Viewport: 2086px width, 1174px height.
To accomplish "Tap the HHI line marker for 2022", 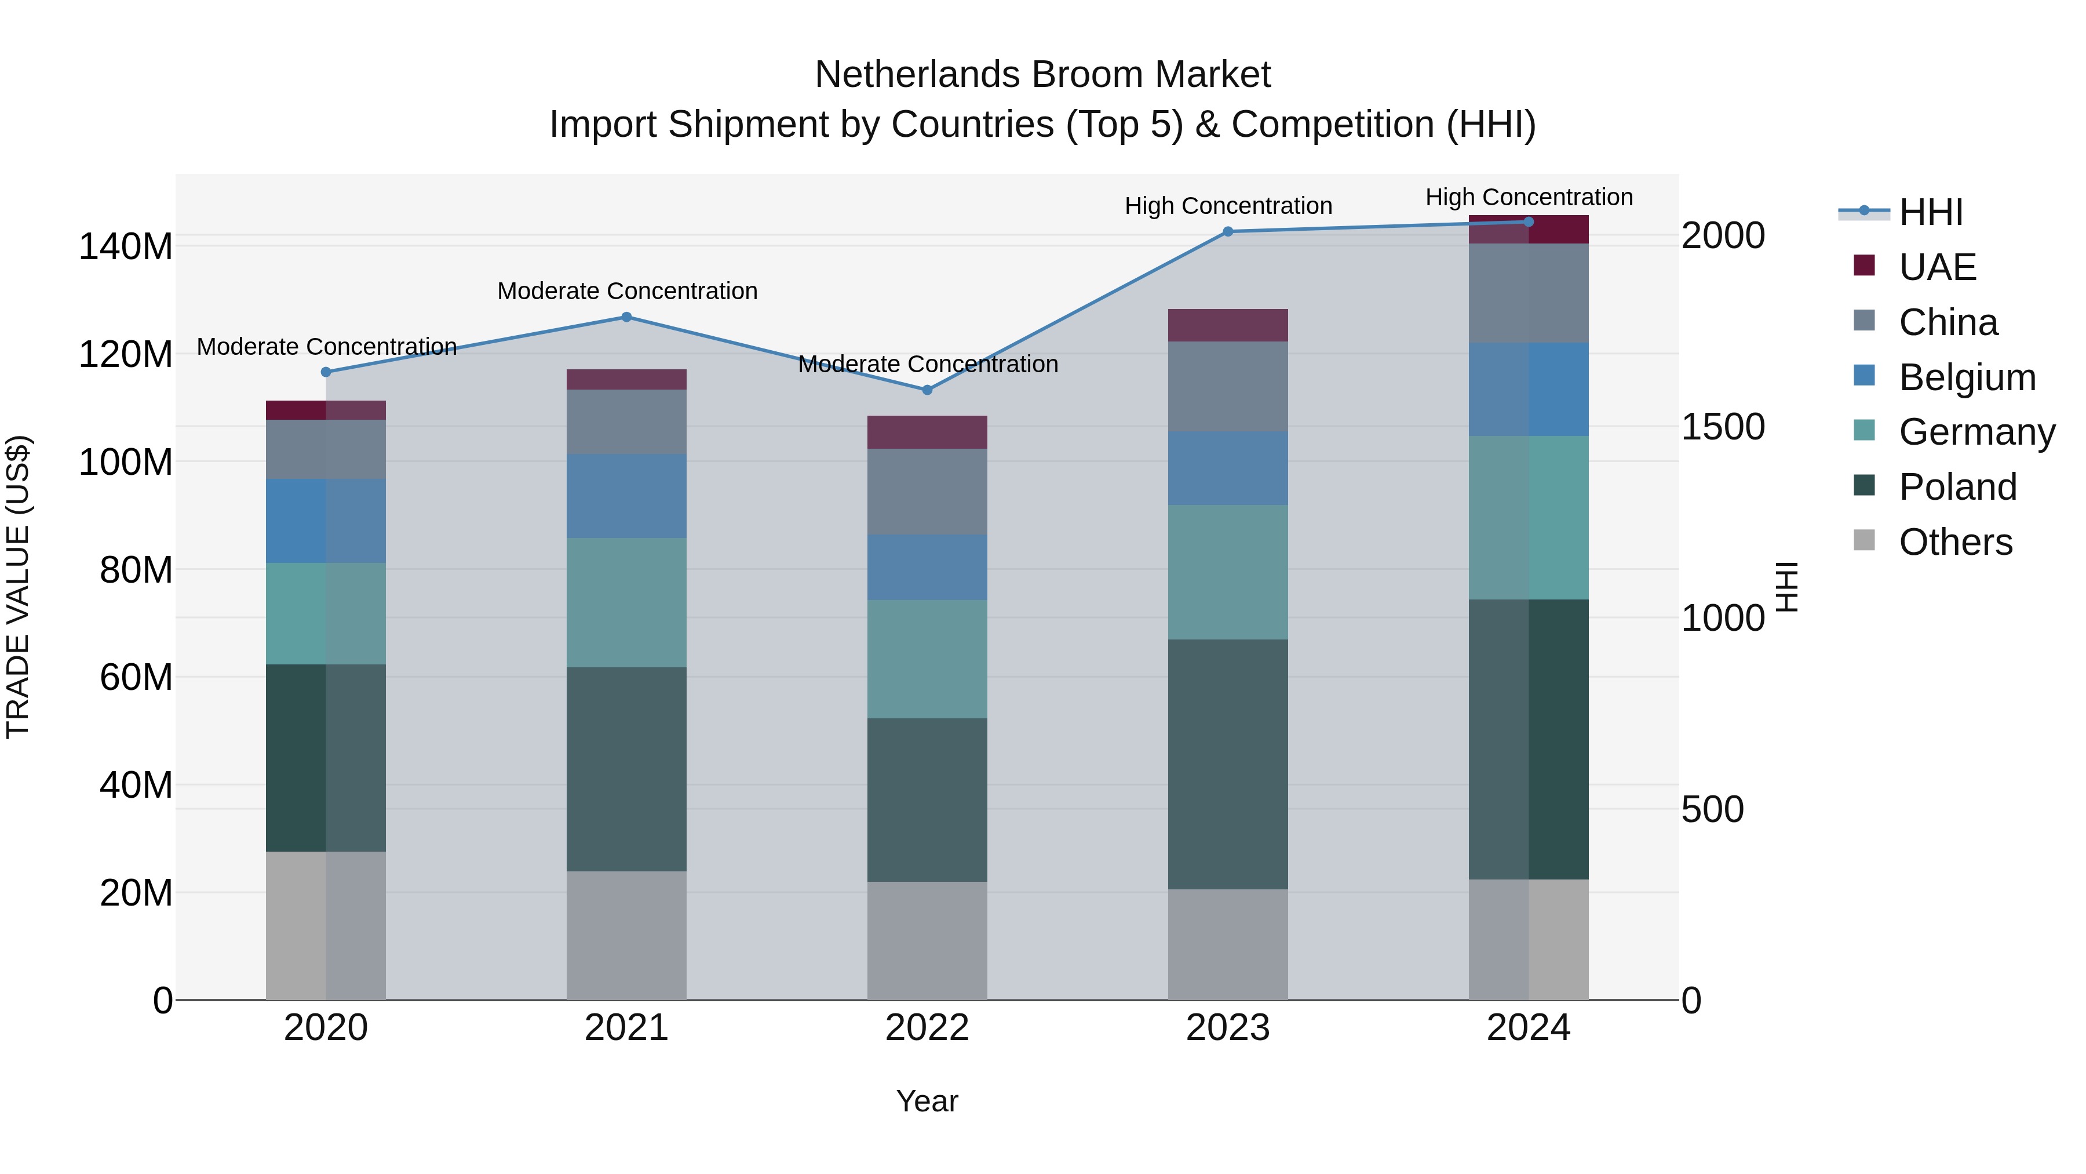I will (927, 390).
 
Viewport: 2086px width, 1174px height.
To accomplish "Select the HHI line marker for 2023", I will (1228, 232).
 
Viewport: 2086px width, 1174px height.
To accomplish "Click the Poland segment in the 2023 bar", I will (1228, 764).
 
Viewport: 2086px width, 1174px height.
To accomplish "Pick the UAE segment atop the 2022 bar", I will (927, 432).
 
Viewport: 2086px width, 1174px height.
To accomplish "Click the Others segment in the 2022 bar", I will (927, 940).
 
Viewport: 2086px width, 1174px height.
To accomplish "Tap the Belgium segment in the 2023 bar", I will (1228, 468).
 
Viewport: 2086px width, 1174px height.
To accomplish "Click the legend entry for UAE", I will (1937, 267).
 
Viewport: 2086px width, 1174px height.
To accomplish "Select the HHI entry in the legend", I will (1931, 212).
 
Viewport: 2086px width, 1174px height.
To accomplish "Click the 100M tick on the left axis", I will (126, 462).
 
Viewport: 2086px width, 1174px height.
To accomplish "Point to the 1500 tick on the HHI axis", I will (1723, 427).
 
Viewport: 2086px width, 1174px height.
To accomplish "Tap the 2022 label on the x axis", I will (927, 1028).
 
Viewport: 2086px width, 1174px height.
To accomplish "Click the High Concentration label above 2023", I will (1228, 206).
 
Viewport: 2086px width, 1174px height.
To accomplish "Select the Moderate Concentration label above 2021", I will (627, 291).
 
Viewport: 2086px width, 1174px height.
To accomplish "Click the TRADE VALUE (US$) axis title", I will (19, 587).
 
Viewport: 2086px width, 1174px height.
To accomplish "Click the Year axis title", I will (927, 1101).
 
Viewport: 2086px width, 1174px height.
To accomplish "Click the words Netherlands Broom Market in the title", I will (1042, 75).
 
